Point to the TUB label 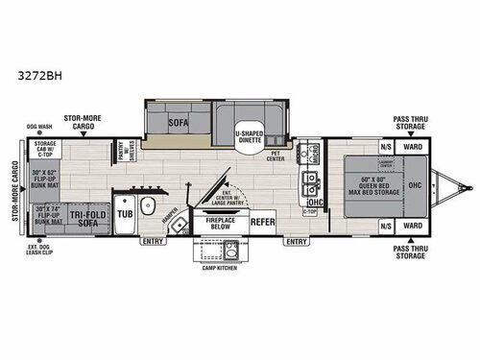click(x=125, y=214)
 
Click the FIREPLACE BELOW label click(x=220, y=223)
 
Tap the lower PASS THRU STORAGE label click(x=413, y=252)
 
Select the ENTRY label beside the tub click(x=154, y=242)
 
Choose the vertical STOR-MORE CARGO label click(x=12, y=189)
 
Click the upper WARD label click(x=413, y=147)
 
